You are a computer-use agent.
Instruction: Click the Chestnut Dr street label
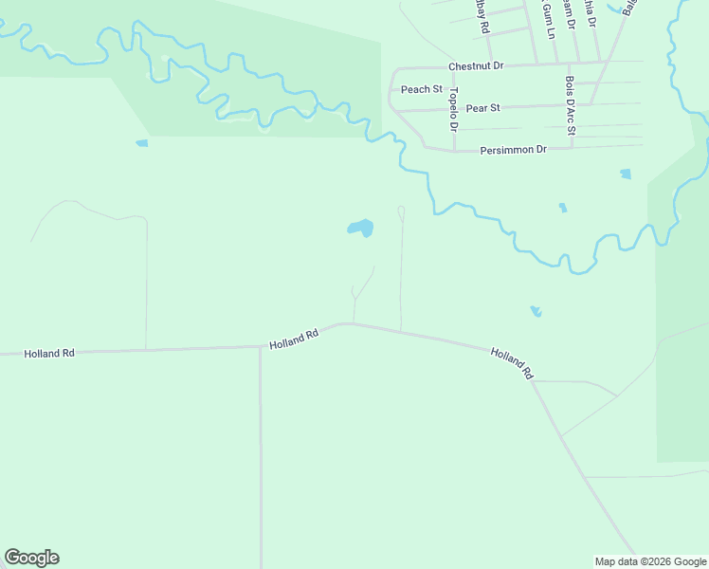(x=476, y=66)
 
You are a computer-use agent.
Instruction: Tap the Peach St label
(x=422, y=89)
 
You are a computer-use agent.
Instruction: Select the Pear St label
(x=482, y=109)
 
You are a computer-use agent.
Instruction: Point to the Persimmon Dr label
(x=514, y=150)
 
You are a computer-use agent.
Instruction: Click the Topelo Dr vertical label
(x=454, y=108)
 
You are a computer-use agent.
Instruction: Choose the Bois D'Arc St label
(x=570, y=105)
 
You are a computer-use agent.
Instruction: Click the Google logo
(x=31, y=558)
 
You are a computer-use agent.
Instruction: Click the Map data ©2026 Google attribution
(x=650, y=561)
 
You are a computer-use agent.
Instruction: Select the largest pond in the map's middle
(x=360, y=229)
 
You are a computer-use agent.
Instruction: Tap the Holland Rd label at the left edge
(x=49, y=354)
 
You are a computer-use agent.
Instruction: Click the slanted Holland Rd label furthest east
(x=513, y=364)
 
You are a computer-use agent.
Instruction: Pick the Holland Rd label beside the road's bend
(x=292, y=340)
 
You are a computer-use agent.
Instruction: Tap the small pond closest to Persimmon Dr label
(x=625, y=174)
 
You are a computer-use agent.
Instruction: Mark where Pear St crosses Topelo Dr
(x=453, y=109)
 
